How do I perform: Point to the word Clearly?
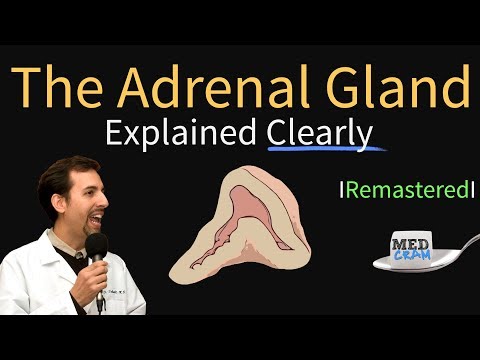tap(321, 132)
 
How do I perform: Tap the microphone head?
tap(97, 246)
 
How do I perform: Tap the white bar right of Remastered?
tap(471, 189)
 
